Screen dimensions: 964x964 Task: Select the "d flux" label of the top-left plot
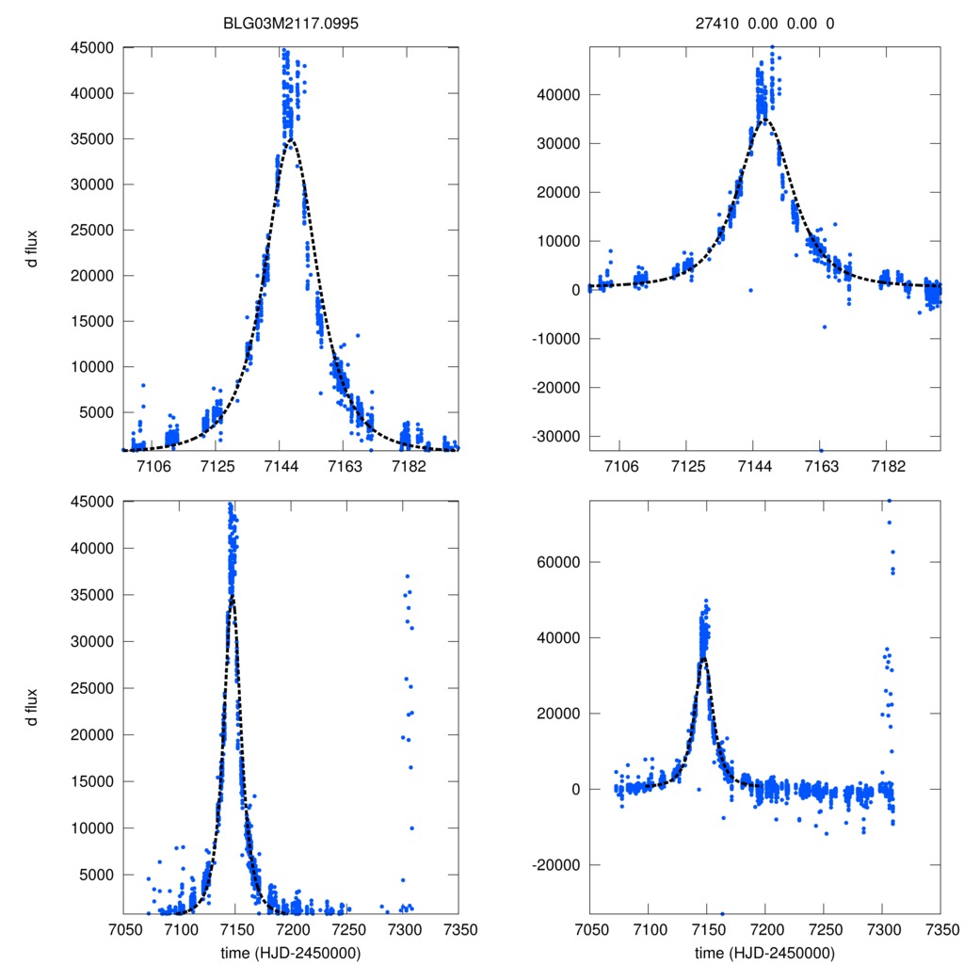pyautogui.click(x=32, y=249)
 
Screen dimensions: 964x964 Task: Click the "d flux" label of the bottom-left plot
pyautogui.click(x=32, y=706)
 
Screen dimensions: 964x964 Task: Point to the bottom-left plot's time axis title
pyautogui.click(x=290, y=952)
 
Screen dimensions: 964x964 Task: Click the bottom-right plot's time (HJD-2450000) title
pyautogui.click(x=764, y=952)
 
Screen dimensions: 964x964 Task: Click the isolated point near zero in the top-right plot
pyautogui.click(x=750, y=290)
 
